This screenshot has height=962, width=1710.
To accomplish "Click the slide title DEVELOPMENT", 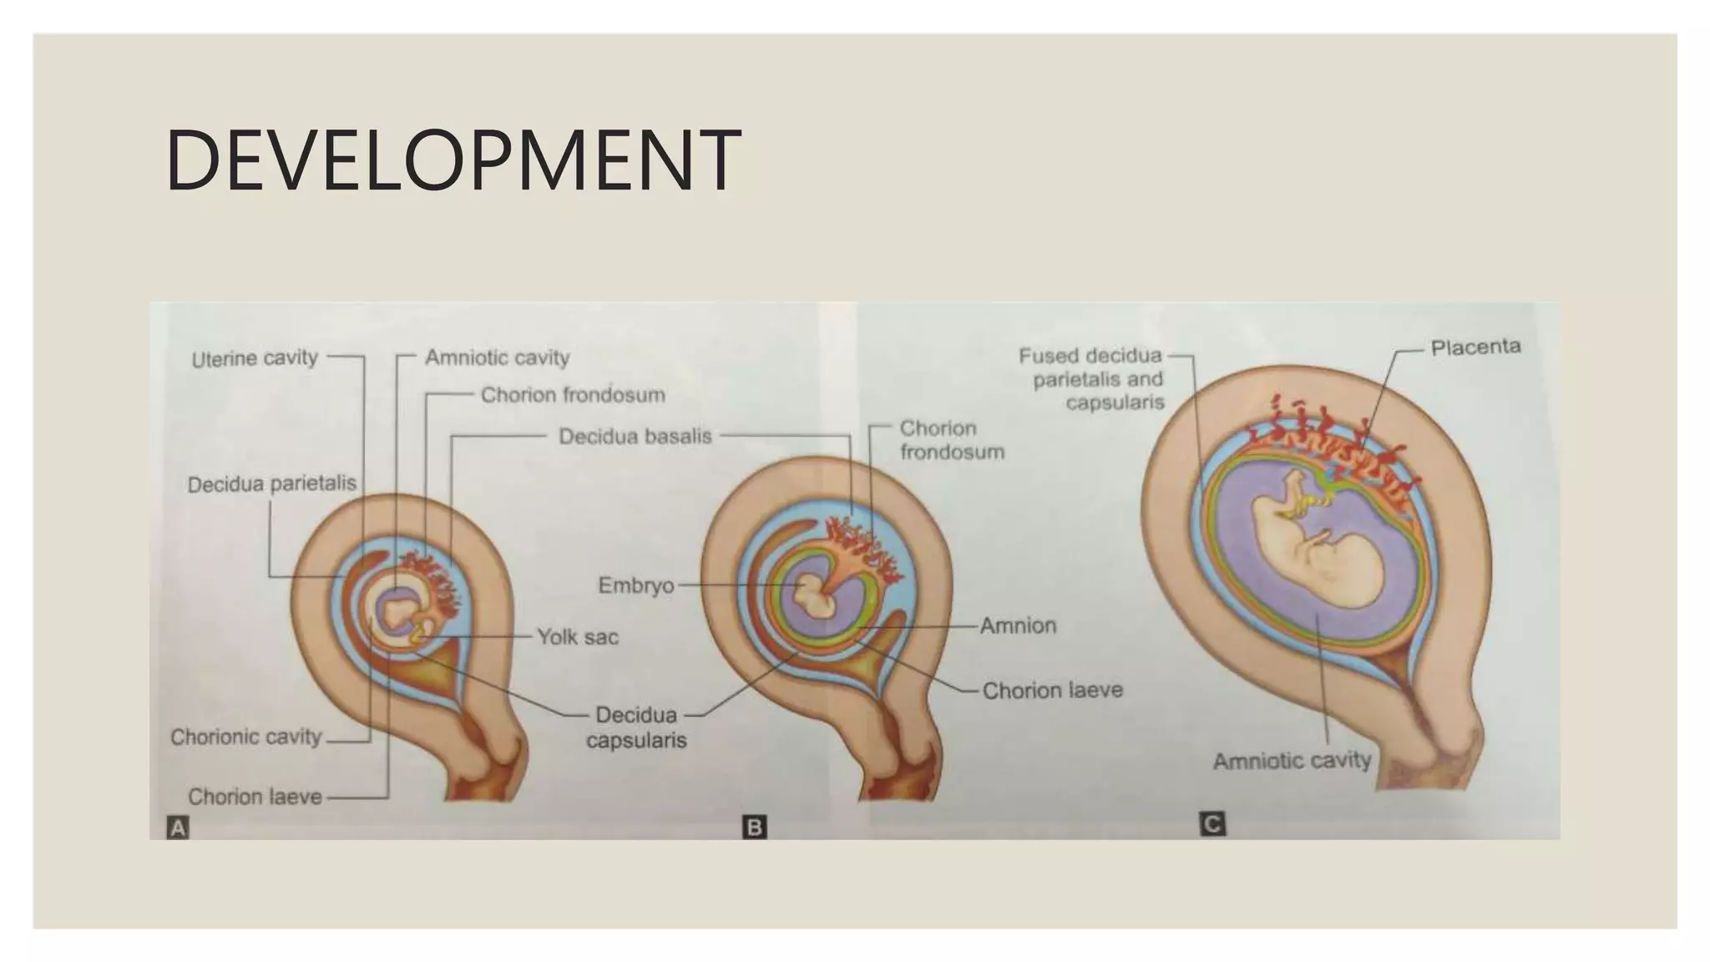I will click(453, 160).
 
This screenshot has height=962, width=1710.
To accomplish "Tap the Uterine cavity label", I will click(255, 358).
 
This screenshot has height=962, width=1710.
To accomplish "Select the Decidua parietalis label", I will click(271, 484).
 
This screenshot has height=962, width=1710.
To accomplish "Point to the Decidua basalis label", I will click(635, 436).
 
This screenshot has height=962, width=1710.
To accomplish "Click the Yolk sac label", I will click(577, 637).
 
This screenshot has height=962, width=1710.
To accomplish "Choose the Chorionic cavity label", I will click(245, 737).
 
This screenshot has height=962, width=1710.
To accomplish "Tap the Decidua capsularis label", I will click(636, 727).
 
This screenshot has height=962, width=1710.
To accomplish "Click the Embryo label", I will click(635, 585).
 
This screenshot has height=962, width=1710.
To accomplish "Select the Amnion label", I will click(1017, 625).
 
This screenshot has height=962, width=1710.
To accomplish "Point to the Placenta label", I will click(1475, 347).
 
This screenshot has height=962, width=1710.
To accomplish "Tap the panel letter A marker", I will click(178, 828).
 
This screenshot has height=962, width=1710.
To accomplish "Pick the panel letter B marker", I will click(754, 828).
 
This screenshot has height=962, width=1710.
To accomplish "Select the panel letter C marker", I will click(1212, 824).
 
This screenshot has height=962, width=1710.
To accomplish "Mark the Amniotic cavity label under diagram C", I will click(1291, 761).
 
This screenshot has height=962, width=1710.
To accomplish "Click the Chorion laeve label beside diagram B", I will click(1052, 691).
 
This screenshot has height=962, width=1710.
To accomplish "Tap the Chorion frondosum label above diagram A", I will click(573, 395).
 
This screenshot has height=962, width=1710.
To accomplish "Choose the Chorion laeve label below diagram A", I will click(255, 797).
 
